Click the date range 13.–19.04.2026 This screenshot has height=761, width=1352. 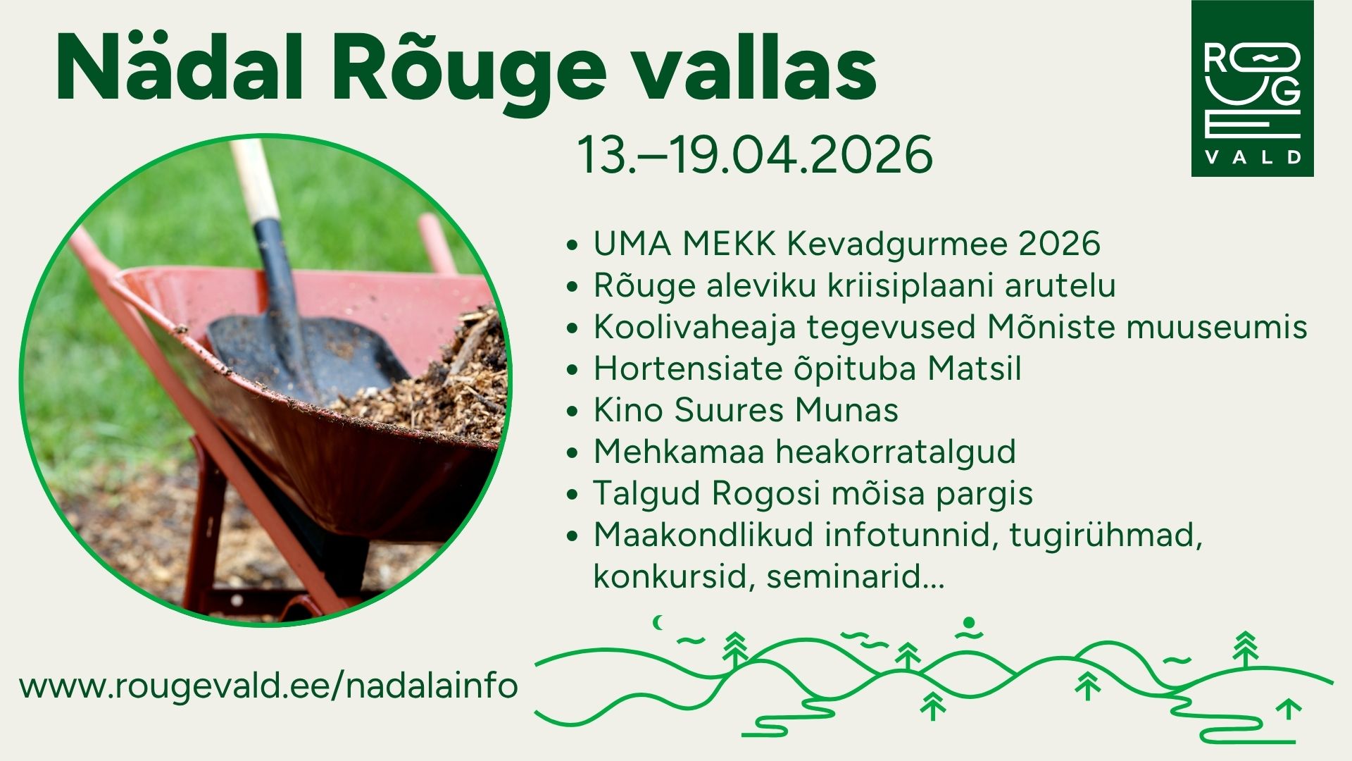click(755, 155)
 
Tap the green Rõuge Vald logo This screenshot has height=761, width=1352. click(1252, 88)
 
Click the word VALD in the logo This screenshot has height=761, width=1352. click(1253, 157)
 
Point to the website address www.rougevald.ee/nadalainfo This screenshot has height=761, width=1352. click(269, 686)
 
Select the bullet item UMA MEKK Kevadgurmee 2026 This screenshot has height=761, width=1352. click(846, 244)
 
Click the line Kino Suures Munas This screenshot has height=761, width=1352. click(746, 410)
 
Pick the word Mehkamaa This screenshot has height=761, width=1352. click(679, 452)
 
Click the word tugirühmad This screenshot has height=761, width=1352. click(1106, 536)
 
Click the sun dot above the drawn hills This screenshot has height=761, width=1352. click(969, 623)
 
